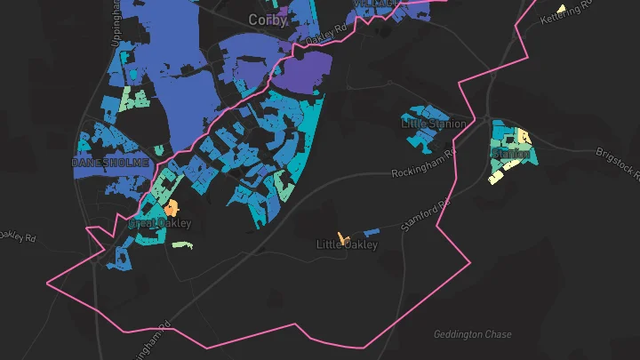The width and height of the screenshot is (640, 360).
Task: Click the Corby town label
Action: click(x=268, y=20)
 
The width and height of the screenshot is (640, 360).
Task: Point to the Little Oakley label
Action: click(x=348, y=244)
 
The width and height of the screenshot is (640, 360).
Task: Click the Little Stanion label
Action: click(x=433, y=124)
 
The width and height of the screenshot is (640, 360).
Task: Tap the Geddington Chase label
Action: click(x=472, y=334)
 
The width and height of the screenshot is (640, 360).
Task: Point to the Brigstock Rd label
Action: click(x=617, y=165)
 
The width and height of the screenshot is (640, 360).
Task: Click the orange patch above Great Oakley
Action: click(x=171, y=208)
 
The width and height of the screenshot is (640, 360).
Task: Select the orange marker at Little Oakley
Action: click(x=342, y=238)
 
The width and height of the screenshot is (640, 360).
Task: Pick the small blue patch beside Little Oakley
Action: click(x=372, y=233)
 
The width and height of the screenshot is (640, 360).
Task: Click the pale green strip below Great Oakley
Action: click(x=181, y=245)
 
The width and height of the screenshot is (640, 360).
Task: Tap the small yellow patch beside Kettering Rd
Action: click(x=561, y=10)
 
